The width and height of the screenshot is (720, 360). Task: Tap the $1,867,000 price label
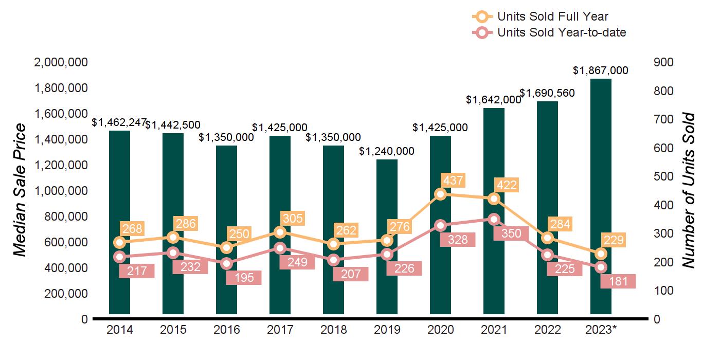pos(601,70)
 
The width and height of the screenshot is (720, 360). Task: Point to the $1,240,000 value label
pos(387,151)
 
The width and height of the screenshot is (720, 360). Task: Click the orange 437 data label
pos(453,181)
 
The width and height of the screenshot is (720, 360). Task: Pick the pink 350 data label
pos(507,233)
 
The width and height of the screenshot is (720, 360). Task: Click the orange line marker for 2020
pos(440,194)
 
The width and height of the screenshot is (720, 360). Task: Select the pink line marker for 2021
pos(494,219)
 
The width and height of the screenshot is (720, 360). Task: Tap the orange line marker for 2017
pos(280,232)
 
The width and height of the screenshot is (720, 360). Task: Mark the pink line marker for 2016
pos(226,264)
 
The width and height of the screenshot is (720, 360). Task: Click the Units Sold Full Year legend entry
pos(545,17)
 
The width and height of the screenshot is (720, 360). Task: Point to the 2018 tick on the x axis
pos(333,330)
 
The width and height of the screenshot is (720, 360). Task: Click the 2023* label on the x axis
pos(600,330)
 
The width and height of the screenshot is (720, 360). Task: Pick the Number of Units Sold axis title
pos(689,190)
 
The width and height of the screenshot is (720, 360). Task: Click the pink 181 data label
pos(618,281)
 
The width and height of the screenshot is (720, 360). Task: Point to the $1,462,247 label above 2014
pos(119,122)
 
